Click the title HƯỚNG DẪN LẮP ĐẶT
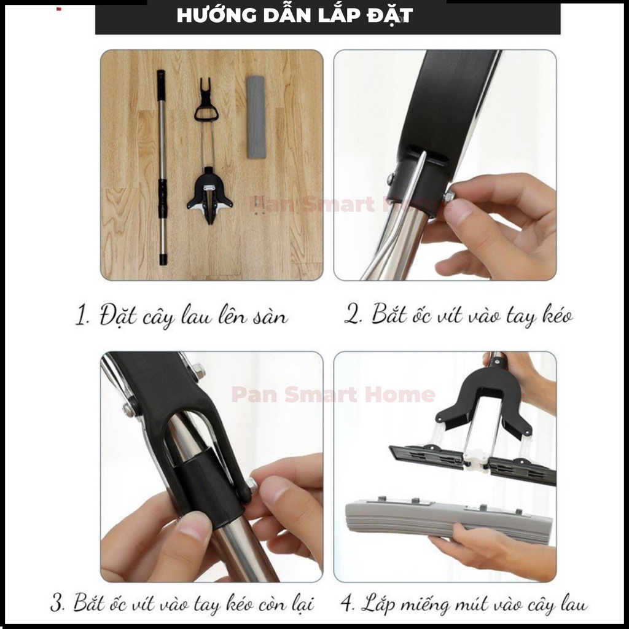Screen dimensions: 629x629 (294, 15)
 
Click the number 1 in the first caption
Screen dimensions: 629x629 (80, 318)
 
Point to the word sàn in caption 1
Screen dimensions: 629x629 (271, 318)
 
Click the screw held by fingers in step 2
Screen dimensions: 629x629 (448, 197)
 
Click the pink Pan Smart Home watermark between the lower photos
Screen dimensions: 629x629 (333, 394)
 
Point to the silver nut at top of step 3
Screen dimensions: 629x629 (198, 371)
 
